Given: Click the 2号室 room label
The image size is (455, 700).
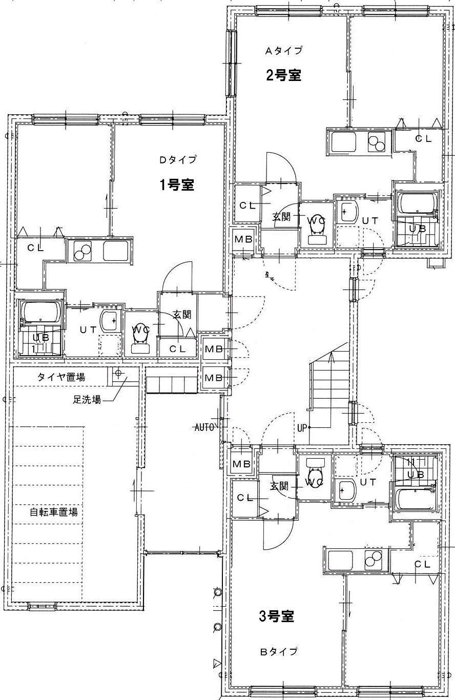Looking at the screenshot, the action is [x=284, y=75].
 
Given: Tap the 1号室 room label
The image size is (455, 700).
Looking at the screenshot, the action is [x=177, y=185].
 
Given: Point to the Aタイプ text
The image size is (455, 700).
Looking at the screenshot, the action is [x=284, y=50].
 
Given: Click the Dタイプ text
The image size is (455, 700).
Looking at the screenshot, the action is [x=178, y=160].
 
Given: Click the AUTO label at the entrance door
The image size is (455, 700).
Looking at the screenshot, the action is [x=204, y=427].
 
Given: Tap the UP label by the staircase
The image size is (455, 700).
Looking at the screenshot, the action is [x=302, y=427].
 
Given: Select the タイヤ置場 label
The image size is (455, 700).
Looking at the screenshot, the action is [x=61, y=377].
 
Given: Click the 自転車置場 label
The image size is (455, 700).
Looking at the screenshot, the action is [x=54, y=512].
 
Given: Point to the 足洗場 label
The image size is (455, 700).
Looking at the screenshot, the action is [x=87, y=399].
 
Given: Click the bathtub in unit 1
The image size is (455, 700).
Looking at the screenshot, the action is [x=41, y=313].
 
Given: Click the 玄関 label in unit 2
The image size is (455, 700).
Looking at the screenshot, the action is [x=282, y=217].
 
